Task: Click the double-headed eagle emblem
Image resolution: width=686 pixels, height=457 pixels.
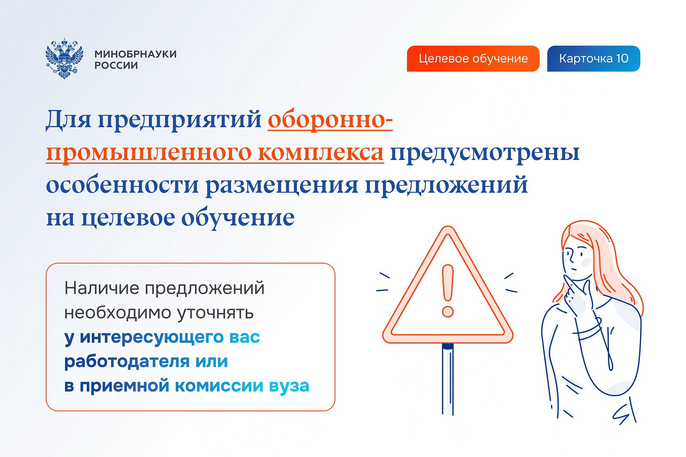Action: click(x=64, y=59)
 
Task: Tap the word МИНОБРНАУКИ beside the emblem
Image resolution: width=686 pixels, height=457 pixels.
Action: click(x=135, y=54)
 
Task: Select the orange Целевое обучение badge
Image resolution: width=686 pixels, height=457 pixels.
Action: click(x=473, y=59)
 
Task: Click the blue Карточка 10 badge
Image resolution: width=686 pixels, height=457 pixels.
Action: click(x=593, y=59)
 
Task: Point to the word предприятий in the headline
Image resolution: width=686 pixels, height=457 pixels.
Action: click(x=180, y=120)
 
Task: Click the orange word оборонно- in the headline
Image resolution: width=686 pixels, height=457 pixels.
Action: click(x=330, y=120)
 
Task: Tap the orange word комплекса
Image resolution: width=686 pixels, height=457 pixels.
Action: click(x=320, y=152)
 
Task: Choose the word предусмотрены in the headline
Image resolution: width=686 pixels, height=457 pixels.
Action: click(x=484, y=152)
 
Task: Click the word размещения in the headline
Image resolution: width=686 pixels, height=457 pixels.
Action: click(x=282, y=185)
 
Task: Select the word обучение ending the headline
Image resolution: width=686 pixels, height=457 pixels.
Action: click(x=238, y=218)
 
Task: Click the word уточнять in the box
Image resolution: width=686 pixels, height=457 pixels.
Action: click(x=215, y=313)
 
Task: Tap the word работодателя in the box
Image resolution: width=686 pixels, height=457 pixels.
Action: click(x=126, y=361)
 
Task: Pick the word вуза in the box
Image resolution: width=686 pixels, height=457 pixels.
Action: click(x=289, y=386)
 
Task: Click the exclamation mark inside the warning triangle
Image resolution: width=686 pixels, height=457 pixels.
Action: click(x=448, y=290)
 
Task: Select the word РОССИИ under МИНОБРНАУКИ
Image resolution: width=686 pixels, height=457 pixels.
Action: click(x=116, y=66)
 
